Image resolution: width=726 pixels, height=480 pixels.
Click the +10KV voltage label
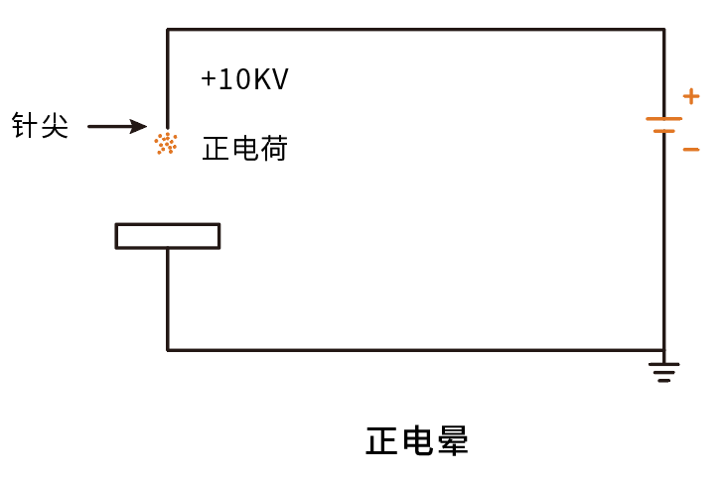[244, 78]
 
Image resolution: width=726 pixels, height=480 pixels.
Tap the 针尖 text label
[41, 125]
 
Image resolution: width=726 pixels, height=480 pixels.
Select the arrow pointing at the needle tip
[117, 126]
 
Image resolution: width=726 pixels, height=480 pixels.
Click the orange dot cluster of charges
[166, 144]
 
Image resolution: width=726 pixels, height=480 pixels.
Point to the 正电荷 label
[245, 148]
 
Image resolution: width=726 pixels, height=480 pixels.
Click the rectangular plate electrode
[168, 236]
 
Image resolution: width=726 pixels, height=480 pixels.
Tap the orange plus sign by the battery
[691, 96]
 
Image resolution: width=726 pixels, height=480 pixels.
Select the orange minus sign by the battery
[691, 150]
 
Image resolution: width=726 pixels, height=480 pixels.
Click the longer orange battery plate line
[664, 119]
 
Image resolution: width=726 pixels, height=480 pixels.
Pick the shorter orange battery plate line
[664, 131]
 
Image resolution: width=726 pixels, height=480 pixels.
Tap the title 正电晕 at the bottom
[417, 440]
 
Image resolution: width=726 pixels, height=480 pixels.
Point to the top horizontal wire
[416, 30]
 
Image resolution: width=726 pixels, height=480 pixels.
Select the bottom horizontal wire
[416, 350]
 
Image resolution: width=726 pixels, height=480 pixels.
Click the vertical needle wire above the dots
[168, 78]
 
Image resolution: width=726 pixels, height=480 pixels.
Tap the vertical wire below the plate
[168, 300]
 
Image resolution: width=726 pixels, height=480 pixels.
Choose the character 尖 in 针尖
[55, 125]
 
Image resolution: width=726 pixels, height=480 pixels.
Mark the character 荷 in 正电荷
[274, 148]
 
